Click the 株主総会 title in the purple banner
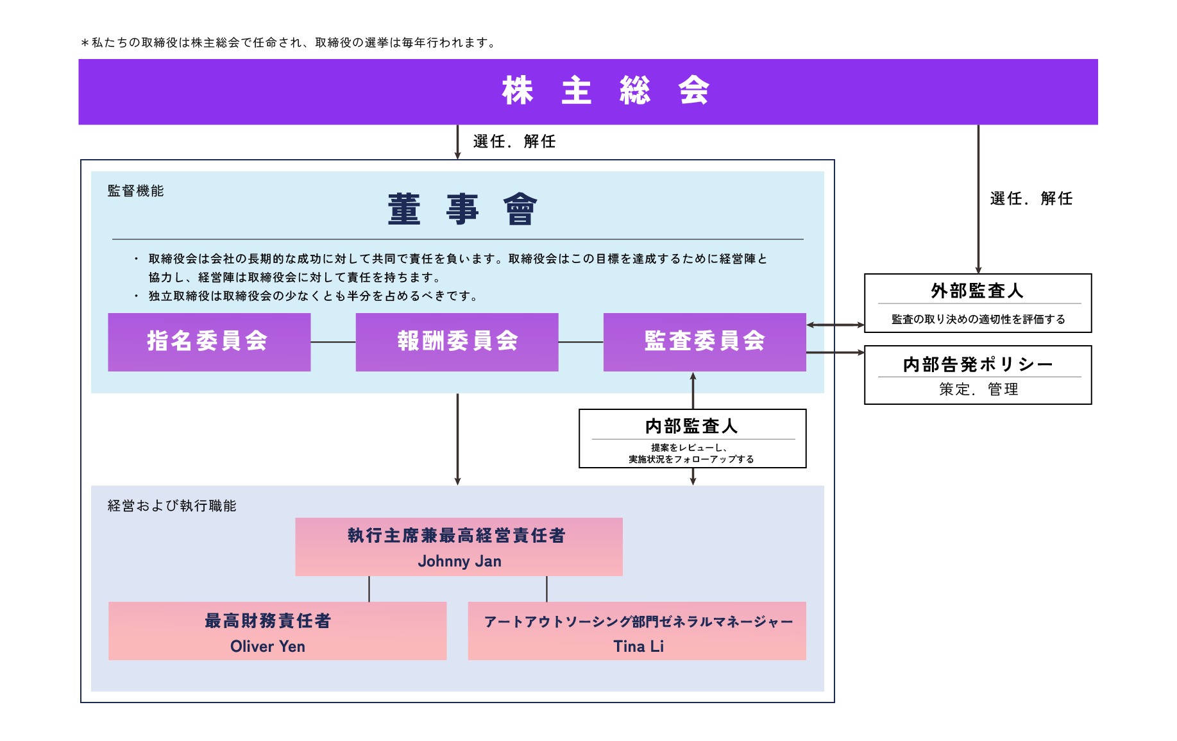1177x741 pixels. coord(605,90)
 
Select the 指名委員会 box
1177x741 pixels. coord(209,342)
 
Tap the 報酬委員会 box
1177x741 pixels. coord(457,342)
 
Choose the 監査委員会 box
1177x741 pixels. coord(704,342)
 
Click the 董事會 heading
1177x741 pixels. coord(462,209)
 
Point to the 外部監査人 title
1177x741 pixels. coord(977,291)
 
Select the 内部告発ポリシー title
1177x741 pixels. coord(978,364)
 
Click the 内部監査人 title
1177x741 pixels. coord(691,426)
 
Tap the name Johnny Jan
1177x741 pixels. coord(459,561)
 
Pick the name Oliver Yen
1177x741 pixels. coord(267,646)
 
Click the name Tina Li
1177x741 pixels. coord(638,646)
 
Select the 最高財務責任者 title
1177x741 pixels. coord(267,620)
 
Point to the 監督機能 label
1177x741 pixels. coord(135,191)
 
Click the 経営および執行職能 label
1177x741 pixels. coord(172,506)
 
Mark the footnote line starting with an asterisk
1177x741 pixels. coord(288,42)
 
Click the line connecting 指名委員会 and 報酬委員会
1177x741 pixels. coord(334,342)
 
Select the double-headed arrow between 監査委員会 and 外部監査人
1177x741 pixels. coord(835,325)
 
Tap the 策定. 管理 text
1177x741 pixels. coord(978,389)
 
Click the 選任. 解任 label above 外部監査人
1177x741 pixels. coord(1031,198)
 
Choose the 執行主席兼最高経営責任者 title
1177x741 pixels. coord(457,535)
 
